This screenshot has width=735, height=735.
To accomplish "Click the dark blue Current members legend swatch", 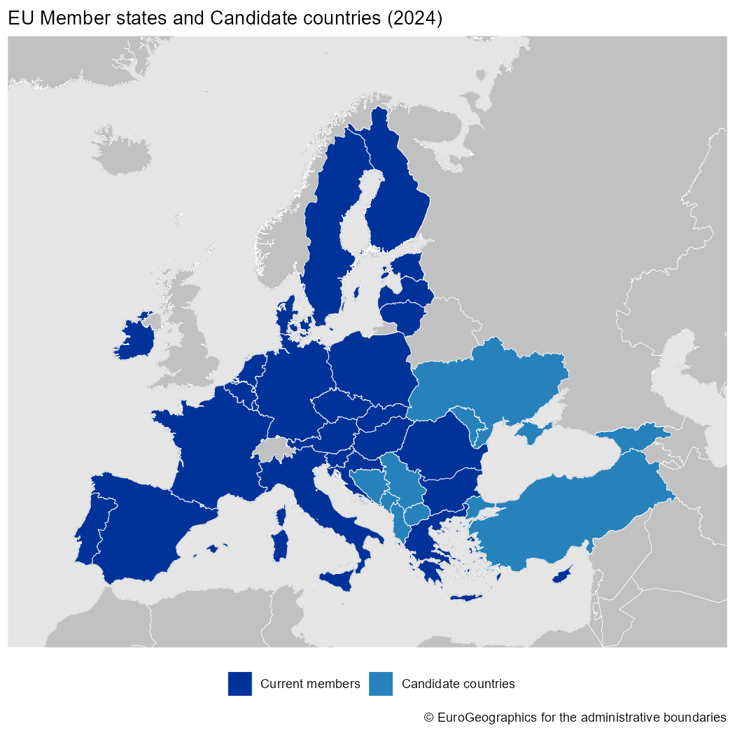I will coord(239,684).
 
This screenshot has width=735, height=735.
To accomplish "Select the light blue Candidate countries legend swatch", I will coord(381,684).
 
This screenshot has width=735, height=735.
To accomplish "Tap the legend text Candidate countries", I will coord(458,684).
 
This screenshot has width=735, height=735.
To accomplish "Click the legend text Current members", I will coord(310,684).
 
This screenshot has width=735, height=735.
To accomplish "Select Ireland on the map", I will coord(136,339).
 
